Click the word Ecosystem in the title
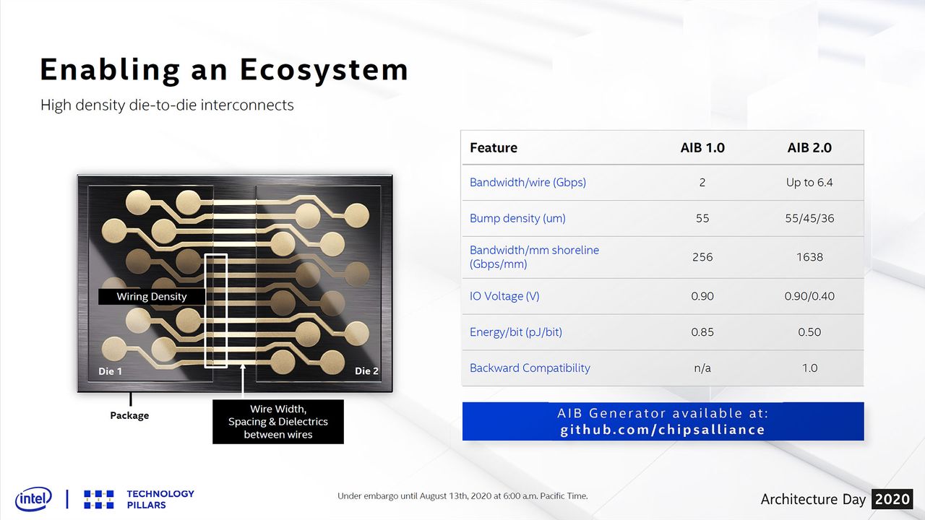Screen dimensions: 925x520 tap(324, 70)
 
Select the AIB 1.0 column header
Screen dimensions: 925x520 tap(702, 148)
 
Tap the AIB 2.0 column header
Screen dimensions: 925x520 tap(809, 148)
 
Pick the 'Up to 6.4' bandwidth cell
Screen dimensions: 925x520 tap(809, 183)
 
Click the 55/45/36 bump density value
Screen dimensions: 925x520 tap(809, 218)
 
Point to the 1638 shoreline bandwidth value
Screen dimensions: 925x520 tap(809, 257)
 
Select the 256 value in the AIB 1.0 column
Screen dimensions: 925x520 tap(702, 257)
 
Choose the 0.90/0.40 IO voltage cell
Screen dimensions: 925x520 tap(809, 296)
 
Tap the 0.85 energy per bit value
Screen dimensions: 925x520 tap(702, 332)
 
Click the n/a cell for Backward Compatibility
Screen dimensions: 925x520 tap(702, 368)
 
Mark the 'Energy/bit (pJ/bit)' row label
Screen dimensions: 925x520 tap(516, 332)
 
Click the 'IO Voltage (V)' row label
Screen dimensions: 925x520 tap(504, 296)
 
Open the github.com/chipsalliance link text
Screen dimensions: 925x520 tap(663, 430)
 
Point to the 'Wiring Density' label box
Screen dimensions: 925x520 tap(152, 297)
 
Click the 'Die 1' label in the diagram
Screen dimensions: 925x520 tap(111, 371)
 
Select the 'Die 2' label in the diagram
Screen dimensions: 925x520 tap(366, 371)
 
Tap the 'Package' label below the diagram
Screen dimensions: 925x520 tap(129, 415)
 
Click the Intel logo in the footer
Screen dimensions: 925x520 tap(33, 499)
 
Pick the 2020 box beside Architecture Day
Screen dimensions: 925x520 tap(892, 499)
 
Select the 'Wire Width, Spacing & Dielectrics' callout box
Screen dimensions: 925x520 tap(278, 422)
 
